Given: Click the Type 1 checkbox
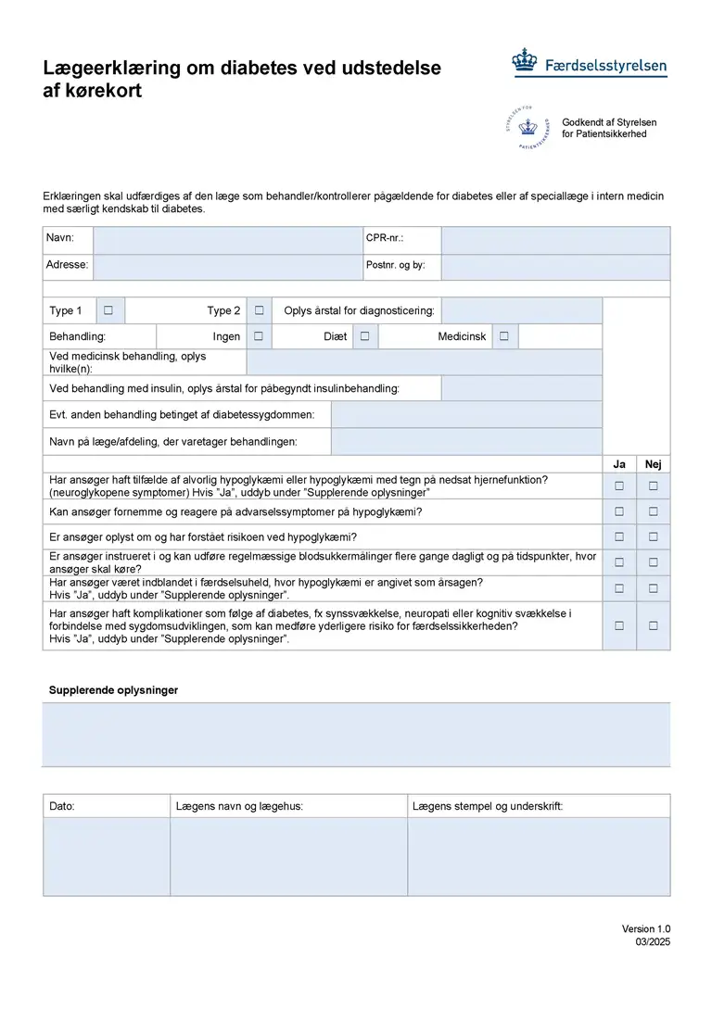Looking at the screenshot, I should click(108, 310).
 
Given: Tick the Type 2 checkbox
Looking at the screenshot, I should click(260, 310).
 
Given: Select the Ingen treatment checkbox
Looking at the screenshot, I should click(260, 336).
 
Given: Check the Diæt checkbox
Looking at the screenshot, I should click(365, 336).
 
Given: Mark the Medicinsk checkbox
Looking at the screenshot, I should click(503, 336).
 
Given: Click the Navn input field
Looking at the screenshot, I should click(227, 240).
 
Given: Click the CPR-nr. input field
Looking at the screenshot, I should click(554, 240).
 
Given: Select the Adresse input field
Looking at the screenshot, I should click(227, 267).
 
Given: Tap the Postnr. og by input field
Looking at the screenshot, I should click(554, 267).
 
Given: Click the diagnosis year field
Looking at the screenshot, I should click(522, 310).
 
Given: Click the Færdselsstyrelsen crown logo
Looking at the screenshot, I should click(526, 62).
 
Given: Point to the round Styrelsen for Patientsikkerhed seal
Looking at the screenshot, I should click(527, 128).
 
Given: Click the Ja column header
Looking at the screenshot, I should click(619, 464).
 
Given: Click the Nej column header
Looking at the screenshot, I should click(654, 464).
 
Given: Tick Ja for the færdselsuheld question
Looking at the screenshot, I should click(619, 588).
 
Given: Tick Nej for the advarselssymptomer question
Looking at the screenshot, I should click(654, 511).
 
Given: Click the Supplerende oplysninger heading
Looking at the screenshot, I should click(113, 690).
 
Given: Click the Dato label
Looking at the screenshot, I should click(62, 806).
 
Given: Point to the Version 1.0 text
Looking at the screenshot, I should click(645, 929).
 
